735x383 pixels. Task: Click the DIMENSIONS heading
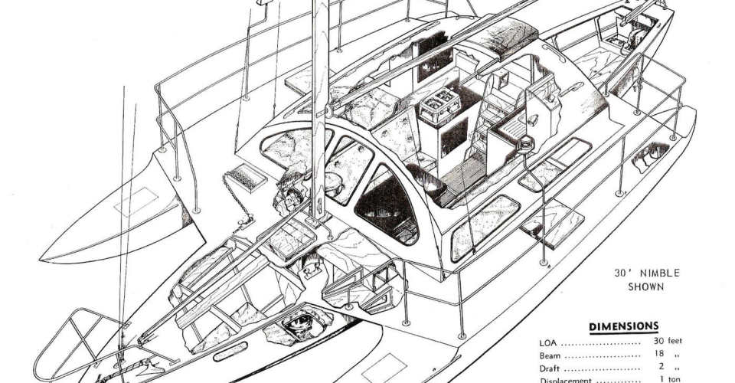[x=623, y=327]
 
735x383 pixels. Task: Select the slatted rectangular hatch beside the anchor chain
[x=250, y=177]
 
